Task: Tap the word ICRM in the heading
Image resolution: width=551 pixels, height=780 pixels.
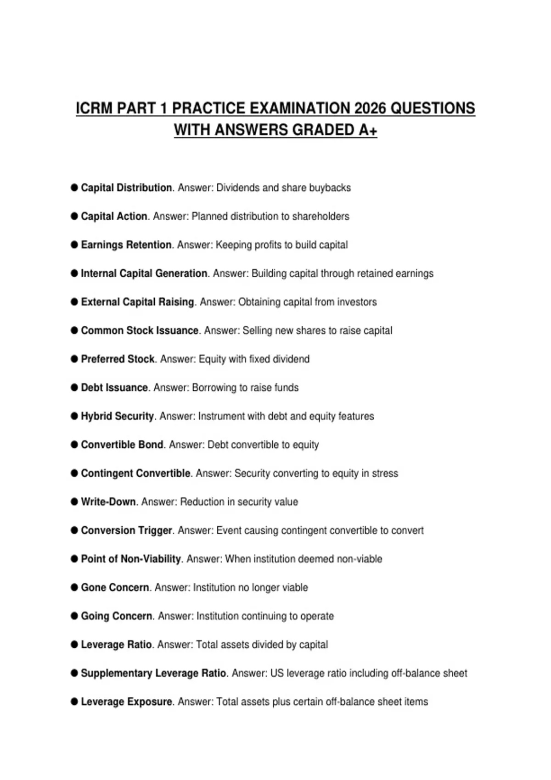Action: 94,108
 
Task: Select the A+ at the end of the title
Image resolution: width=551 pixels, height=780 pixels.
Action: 367,130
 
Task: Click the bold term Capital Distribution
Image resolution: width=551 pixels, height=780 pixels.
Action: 126,188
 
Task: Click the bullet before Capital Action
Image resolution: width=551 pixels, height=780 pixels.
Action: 74,216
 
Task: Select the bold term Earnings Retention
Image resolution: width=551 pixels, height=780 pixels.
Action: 126,245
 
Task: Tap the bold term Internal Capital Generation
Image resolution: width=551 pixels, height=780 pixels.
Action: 144,273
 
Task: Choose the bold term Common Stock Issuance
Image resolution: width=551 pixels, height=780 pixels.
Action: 140,330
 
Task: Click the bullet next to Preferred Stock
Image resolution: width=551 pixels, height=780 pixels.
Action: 74,359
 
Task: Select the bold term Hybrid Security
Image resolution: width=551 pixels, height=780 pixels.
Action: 118,416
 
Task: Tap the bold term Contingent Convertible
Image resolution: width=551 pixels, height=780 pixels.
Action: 135,473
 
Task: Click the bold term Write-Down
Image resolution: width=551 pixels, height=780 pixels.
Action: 108,502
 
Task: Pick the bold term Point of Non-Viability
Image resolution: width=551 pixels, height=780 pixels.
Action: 131,559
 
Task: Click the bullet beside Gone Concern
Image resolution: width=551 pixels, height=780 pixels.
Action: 74,587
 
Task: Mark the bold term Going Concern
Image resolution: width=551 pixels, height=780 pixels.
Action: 117,616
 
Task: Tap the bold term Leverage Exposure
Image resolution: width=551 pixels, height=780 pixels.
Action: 126,702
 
